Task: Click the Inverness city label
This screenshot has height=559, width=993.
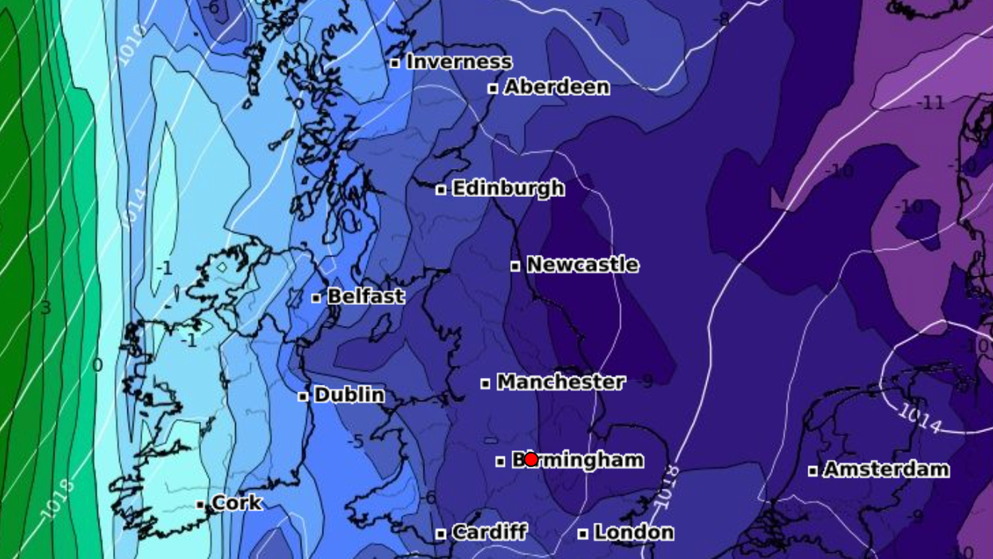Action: click(459, 61)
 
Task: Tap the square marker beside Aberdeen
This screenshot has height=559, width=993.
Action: click(493, 88)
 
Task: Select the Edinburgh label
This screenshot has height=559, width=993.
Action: click(508, 188)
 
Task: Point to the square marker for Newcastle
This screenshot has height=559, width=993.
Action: click(515, 266)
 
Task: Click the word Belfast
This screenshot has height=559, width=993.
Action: click(366, 296)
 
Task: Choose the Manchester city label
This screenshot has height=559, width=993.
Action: click(561, 382)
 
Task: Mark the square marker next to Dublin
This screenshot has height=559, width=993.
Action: click(303, 396)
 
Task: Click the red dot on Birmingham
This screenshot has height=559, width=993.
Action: click(531, 459)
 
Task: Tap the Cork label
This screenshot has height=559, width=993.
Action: click(237, 502)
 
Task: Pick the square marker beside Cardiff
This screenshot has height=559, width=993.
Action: click(440, 533)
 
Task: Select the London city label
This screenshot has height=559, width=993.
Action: click(633, 532)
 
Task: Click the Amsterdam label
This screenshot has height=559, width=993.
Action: click(886, 469)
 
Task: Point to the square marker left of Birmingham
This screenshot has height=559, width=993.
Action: click(500, 462)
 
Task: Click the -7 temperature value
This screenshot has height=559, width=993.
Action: click(594, 18)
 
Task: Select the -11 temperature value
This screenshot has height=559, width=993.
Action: click(930, 102)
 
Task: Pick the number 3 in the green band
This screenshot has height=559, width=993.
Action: click(45, 308)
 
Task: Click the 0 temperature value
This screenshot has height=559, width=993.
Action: click(97, 366)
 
